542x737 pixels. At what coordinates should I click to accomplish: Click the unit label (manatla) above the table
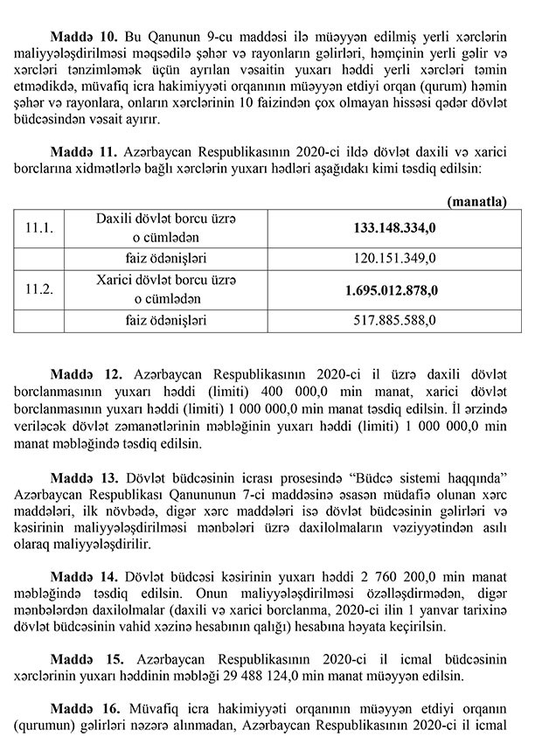click(x=476, y=202)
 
